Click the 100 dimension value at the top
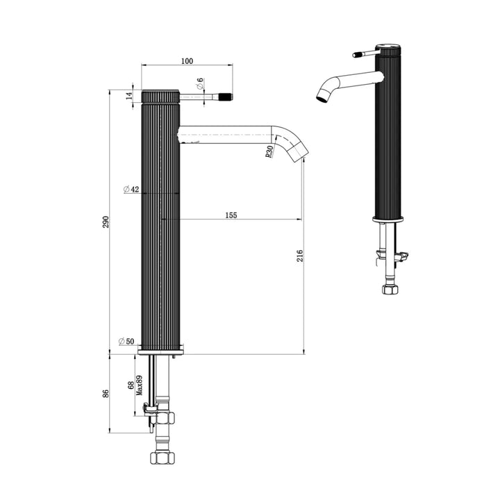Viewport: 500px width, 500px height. click(x=187, y=61)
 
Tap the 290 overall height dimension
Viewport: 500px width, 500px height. click(x=106, y=222)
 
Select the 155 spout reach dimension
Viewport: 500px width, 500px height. click(x=231, y=215)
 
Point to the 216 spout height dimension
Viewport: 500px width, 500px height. click(x=300, y=256)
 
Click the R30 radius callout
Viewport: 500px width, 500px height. click(x=269, y=151)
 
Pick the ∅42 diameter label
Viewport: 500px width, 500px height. click(x=131, y=190)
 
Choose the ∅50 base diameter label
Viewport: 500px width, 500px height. click(x=126, y=342)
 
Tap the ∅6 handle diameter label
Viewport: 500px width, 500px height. click(x=200, y=83)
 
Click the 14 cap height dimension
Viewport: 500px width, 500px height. click(x=129, y=96)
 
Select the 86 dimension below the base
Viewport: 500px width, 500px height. click(x=106, y=394)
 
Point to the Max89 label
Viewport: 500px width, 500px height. click(x=139, y=385)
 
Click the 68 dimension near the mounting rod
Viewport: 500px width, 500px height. click(x=131, y=385)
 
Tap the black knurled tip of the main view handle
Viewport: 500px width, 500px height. click(x=226, y=97)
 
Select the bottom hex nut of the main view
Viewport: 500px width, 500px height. click(x=162, y=458)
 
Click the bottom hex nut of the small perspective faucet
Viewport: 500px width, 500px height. click(x=390, y=289)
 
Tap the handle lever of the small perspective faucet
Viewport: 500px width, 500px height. click(x=366, y=53)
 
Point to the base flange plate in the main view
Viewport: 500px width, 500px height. click(x=161, y=352)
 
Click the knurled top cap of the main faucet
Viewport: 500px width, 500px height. click(x=160, y=97)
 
